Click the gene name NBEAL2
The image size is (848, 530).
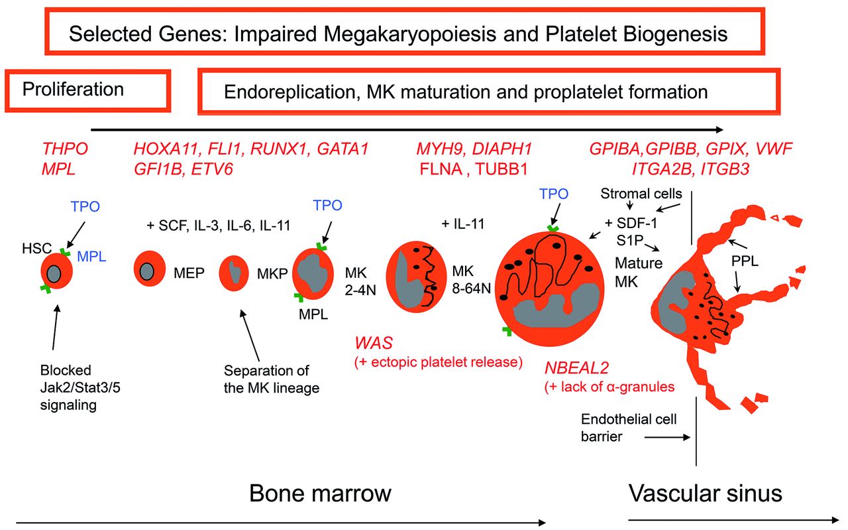click(576, 367)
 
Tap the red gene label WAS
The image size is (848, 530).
click(374, 343)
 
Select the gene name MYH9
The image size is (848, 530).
click(441, 149)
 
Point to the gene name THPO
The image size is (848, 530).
click(65, 149)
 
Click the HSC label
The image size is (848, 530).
click(36, 248)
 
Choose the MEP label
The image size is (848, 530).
click(189, 273)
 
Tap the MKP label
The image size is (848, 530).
click(272, 274)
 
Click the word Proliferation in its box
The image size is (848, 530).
click(73, 90)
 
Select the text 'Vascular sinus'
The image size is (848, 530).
click(706, 494)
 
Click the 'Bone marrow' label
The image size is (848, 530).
click(320, 494)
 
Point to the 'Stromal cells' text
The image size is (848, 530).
click(641, 194)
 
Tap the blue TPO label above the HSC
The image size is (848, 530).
click(85, 206)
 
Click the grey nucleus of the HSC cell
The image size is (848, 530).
click(54, 274)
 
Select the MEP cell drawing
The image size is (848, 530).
click(150, 269)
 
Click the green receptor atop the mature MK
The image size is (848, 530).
click(553, 229)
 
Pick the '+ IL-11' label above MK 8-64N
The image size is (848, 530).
click(463, 224)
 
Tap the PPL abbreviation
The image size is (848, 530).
click(745, 261)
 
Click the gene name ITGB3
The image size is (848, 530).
click(725, 169)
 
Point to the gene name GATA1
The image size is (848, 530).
click(343, 149)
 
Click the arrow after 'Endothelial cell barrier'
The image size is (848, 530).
click(667, 438)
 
